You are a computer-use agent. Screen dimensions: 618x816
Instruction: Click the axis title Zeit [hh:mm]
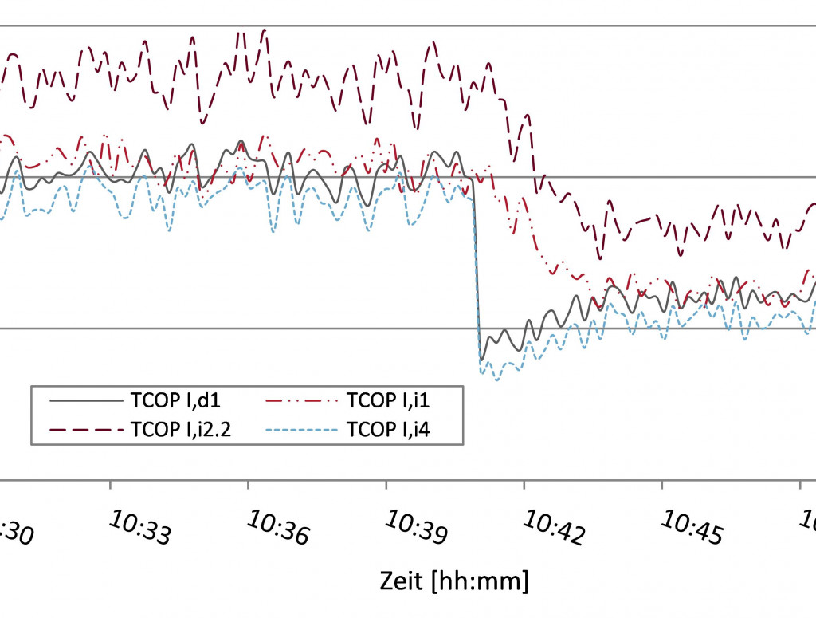tap(453, 580)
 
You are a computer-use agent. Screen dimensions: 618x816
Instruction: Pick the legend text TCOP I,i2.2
tap(183, 430)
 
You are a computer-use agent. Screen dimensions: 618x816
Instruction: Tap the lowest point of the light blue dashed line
tap(496, 380)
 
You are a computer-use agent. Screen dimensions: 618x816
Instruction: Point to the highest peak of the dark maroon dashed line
tap(264, 30)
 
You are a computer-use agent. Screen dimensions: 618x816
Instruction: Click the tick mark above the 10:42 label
tap(524, 485)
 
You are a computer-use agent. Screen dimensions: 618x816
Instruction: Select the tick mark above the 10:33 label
tap(110, 485)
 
